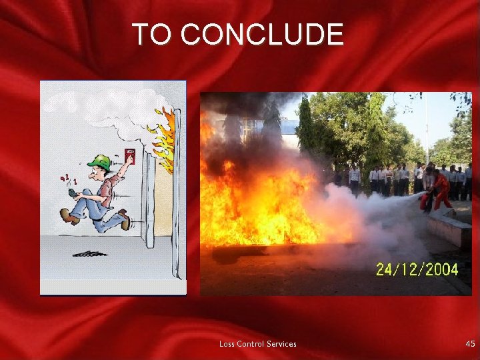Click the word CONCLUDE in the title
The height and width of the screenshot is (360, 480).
pos(262,35)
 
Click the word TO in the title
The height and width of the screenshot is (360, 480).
pos(152,35)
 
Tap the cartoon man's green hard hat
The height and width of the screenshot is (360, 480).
pos(99,162)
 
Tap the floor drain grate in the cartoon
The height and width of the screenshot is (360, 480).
pos(90,253)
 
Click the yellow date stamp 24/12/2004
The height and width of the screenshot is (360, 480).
pos(417,269)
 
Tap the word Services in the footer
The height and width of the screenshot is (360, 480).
pos(281,344)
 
